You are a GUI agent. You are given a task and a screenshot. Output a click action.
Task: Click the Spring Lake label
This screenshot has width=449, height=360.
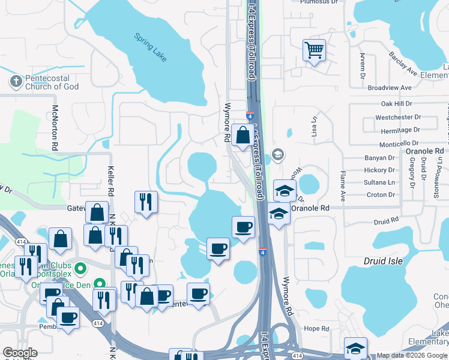coord(151,47)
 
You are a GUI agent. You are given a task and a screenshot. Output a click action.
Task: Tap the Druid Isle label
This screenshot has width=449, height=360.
coord(382,261)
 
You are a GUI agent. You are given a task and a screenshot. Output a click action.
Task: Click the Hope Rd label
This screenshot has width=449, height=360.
coord(316,329)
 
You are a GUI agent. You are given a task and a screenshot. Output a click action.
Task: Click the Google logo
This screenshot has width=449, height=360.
coord(20,353)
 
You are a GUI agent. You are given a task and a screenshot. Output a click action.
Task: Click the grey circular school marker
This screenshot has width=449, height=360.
coord(277,155)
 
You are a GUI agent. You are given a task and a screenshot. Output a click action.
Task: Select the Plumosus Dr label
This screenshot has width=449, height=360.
coord(316,2)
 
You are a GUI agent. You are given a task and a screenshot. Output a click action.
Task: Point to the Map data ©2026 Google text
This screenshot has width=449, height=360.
coord(412,355)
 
